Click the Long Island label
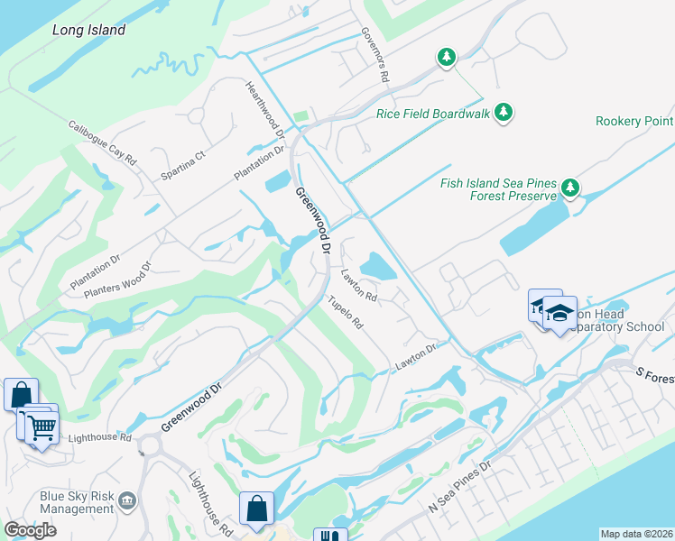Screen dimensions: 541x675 click(x=88, y=30)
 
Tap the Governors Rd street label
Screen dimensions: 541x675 click(x=374, y=55)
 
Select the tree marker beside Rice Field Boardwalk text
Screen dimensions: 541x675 click(x=504, y=113)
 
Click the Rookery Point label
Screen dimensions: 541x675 click(x=634, y=122)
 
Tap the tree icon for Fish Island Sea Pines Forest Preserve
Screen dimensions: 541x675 click(x=569, y=188)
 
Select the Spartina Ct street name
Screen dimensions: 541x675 click(x=183, y=165)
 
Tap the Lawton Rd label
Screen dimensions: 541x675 click(x=358, y=283)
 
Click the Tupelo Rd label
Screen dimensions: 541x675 click(x=345, y=311)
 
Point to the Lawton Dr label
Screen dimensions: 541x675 click(x=415, y=357)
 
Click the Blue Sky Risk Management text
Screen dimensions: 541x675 click(x=77, y=502)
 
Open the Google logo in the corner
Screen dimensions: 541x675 click(x=30, y=530)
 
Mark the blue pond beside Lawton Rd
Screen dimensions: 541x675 click(x=376, y=265)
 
